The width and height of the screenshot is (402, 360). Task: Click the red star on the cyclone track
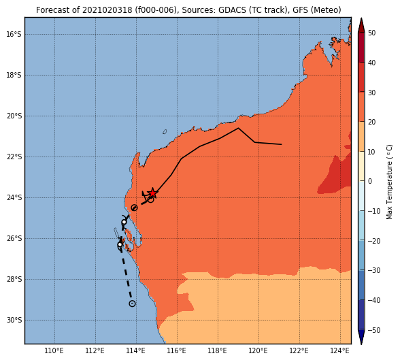click(152, 193)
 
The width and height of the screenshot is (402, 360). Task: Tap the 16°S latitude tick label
click(14, 34)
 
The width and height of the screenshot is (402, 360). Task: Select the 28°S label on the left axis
click(14, 279)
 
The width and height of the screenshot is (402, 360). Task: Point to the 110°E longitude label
click(54, 350)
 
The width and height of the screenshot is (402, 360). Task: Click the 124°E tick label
click(340, 350)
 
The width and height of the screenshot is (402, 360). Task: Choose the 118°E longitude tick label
click(218, 350)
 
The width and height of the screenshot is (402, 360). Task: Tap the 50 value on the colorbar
click(371, 33)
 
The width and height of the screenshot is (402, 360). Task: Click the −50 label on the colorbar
click(374, 330)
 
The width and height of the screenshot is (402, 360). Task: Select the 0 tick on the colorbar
click(370, 181)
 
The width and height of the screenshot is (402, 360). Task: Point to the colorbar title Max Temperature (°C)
click(389, 182)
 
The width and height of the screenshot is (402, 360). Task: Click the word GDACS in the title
click(229, 10)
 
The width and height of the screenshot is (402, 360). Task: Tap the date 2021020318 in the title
click(107, 10)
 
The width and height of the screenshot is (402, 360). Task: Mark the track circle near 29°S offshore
click(132, 304)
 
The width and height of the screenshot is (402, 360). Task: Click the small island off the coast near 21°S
click(165, 132)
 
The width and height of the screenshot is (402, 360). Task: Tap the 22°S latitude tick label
click(14, 157)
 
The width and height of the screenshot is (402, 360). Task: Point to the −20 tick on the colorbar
click(374, 241)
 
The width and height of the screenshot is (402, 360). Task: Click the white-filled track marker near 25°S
click(124, 222)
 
